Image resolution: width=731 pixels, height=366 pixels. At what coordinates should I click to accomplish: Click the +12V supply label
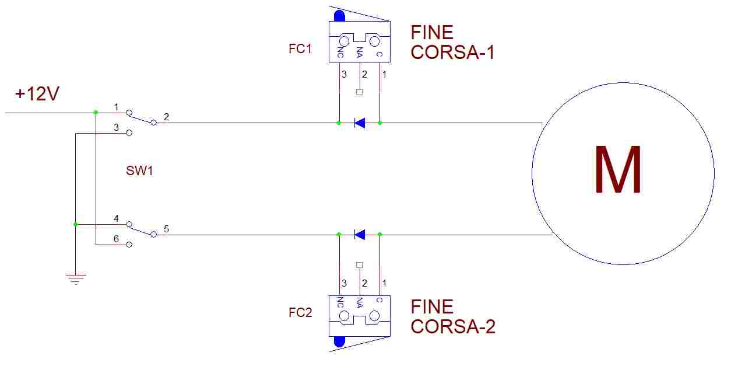pyautogui.click(x=37, y=93)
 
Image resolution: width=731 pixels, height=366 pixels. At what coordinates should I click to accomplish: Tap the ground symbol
pyautogui.click(x=76, y=278)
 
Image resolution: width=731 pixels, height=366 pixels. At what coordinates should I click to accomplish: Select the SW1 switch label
pyautogui.click(x=139, y=171)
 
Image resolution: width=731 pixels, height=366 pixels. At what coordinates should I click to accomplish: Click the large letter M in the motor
pyautogui.click(x=618, y=170)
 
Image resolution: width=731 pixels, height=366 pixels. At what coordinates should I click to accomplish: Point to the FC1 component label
pyautogui.click(x=300, y=49)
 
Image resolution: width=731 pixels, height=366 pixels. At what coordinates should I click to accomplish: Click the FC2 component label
pyautogui.click(x=300, y=313)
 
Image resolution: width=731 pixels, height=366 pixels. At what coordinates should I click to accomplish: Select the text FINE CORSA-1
pyautogui.click(x=452, y=42)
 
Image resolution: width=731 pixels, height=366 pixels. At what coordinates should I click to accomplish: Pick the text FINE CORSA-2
pyautogui.click(x=452, y=316)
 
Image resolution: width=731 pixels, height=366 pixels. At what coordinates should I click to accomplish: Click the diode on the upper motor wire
pyautogui.click(x=360, y=123)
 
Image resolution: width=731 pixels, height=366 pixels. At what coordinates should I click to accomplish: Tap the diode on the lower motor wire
pyautogui.click(x=360, y=235)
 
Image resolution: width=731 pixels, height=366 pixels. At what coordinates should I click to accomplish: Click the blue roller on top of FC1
pyautogui.click(x=339, y=15)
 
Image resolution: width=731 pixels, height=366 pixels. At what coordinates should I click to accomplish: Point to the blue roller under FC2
pyautogui.click(x=339, y=342)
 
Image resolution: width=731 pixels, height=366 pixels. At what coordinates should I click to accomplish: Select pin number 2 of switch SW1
pyautogui.click(x=166, y=117)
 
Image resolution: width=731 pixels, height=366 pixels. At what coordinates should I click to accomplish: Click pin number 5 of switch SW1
pyautogui.click(x=166, y=229)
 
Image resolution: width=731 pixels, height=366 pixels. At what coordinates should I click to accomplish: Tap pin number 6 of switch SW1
pyautogui.click(x=116, y=239)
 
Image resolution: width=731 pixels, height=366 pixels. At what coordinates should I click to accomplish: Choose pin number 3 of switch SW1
pyautogui.click(x=116, y=127)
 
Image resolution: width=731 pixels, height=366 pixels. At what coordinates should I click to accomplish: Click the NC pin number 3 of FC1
pyautogui.click(x=344, y=75)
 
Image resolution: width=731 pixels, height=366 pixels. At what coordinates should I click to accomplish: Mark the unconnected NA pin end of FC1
pyautogui.click(x=359, y=92)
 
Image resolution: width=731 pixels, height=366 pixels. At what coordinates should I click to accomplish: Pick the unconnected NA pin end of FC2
pyautogui.click(x=359, y=265)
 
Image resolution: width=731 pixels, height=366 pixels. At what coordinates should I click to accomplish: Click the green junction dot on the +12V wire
pyautogui.click(x=96, y=112)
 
